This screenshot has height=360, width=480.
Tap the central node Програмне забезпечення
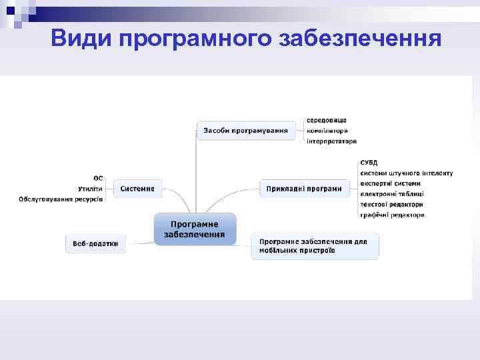tap(195, 229)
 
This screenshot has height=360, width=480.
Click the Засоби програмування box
tap(245, 131)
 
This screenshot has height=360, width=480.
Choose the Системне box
tap(137, 189)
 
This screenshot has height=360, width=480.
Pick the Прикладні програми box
tap(303, 189)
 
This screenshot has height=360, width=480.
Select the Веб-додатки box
tap(95, 243)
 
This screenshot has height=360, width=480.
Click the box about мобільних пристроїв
tap(315, 246)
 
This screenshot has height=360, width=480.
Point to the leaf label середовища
tap(326, 120)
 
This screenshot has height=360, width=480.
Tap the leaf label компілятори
tap(327, 131)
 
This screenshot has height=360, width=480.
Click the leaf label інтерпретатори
tap(331, 141)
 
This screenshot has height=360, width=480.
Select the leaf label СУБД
tap(369, 162)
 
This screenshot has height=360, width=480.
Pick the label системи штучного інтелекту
tap(406, 173)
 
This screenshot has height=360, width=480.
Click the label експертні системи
tap(390, 183)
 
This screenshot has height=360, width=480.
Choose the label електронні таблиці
tap(391, 194)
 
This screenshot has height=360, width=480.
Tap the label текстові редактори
tap(391, 205)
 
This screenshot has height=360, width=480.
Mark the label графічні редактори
tap(392, 215)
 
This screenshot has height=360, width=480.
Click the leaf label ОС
tap(98, 178)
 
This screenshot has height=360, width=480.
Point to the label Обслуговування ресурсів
tap(61, 199)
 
